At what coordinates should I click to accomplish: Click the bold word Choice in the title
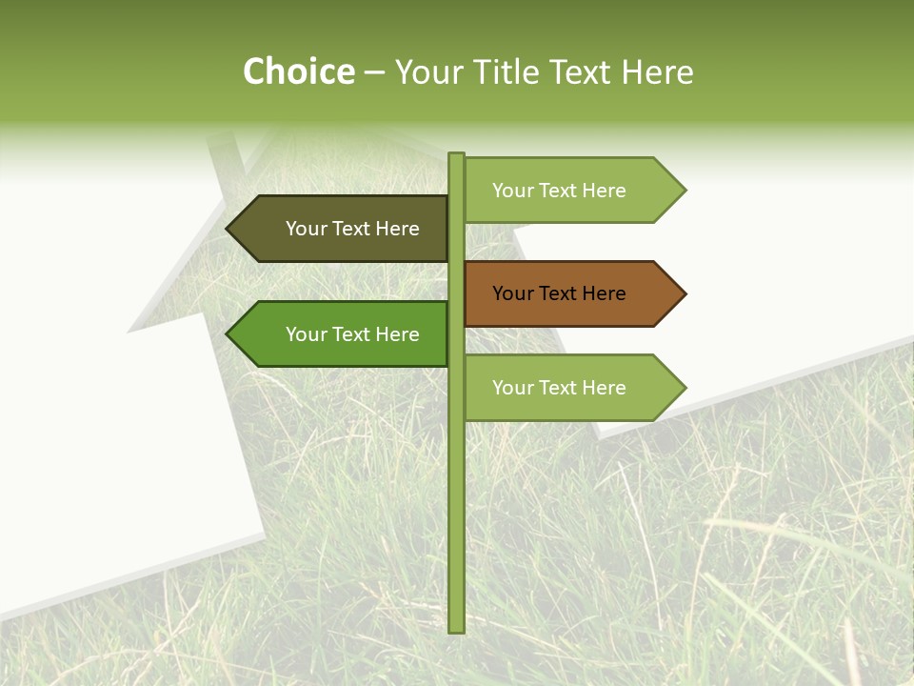point(299,71)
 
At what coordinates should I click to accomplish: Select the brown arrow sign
point(571,293)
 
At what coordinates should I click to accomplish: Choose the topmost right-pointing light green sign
point(571,191)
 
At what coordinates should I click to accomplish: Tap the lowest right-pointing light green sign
point(571,388)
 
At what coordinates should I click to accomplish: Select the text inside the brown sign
point(559,293)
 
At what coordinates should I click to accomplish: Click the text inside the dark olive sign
point(352,229)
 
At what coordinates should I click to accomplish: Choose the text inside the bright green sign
point(352,334)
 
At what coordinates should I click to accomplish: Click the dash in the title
point(374,73)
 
